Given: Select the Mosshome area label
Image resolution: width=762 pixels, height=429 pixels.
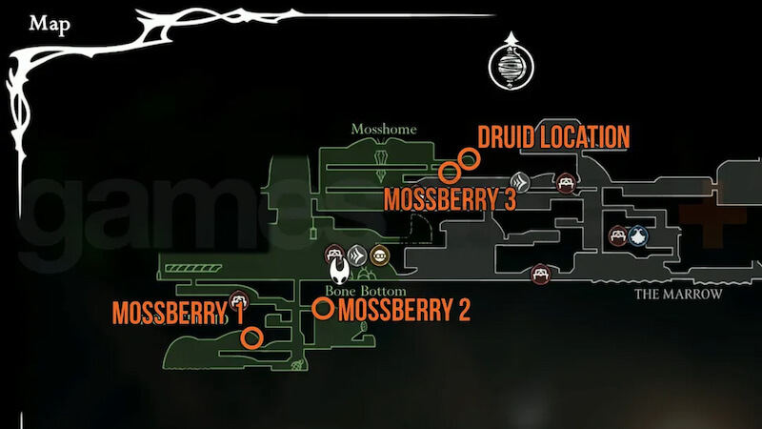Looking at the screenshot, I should click(x=379, y=129).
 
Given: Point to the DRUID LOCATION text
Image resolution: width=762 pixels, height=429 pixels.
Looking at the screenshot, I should click(x=553, y=137).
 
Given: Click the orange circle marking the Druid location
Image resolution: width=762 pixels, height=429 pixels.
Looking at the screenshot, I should click(x=468, y=158).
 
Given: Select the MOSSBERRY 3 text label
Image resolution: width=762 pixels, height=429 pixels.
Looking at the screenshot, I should click(x=451, y=199).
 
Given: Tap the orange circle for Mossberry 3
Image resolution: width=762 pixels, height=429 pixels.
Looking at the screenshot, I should click(x=450, y=173).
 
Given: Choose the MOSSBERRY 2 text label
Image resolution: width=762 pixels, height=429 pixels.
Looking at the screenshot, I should click(x=405, y=310).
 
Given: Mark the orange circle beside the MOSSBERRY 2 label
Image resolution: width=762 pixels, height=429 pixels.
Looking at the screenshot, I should click(x=323, y=308).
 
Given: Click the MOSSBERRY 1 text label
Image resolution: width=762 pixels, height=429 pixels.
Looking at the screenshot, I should click(x=178, y=314).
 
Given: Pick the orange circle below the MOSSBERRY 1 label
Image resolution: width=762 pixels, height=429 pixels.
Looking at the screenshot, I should click(x=251, y=337).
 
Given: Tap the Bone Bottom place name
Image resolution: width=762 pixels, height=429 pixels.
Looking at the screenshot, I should click(x=366, y=291).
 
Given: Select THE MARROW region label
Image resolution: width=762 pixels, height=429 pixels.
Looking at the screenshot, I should click(x=678, y=295).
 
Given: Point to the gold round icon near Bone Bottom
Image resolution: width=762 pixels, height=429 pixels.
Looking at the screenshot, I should click(x=380, y=255).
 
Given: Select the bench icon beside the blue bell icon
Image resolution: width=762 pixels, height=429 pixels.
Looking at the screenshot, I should click(x=617, y=235).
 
